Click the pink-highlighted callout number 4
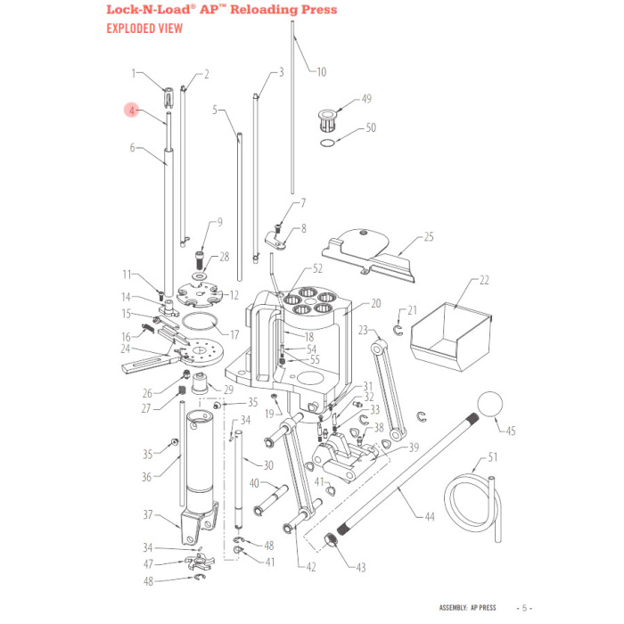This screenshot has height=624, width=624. pos(131,111)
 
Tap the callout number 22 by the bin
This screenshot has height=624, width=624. pos(485,280)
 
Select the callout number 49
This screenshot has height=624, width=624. pos(365,99)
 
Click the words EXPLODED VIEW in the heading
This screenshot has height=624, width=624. pos(144,28)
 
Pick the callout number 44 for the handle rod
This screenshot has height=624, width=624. pos(429,515)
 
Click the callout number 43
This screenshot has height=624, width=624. pos(360,567)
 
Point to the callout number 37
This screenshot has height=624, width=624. pos(149,514)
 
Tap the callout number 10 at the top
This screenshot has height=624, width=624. pos(322,71)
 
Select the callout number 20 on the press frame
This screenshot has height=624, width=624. pos(375,303)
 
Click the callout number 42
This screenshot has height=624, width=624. pos(311,567)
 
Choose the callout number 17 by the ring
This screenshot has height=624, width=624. pos(234,335)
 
